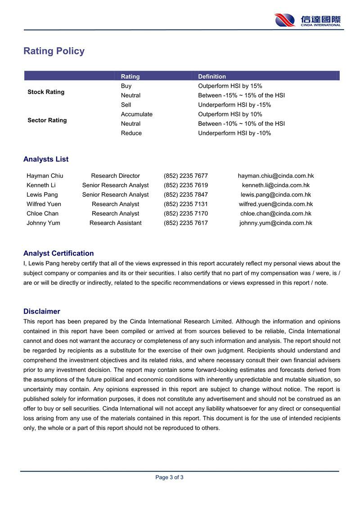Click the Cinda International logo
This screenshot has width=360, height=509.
(x=308, y=20)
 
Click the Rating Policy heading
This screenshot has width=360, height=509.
(x=54, y=51)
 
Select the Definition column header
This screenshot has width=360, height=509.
(x=212, y=77)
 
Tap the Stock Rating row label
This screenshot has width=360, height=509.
(x=46, y=92)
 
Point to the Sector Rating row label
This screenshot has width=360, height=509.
(x=47, y=120)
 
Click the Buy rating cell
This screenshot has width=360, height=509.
(x=126, y=86)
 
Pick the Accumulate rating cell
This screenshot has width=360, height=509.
(x=137, y=114)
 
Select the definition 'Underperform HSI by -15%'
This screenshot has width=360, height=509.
(x=234, y=105)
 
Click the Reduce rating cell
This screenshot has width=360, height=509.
(x=131, y=133)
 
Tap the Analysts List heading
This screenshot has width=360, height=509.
(x=46, y=159)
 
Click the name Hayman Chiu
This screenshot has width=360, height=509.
(x=45, y=176)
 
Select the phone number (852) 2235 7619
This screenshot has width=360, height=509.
(x=186, y=185)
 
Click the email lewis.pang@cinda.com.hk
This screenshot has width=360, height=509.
(x=276, y=195)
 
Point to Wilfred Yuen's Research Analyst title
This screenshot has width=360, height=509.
(x=115, y=204)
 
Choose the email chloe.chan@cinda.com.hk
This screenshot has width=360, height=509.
(x=276, y=214)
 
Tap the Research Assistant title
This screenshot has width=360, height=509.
(x=115, y=223)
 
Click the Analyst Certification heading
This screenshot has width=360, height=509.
(x=58, y=253)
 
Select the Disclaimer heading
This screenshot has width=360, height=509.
(x=42, y=311)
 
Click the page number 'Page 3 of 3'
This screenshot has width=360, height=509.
(x=169, y=477)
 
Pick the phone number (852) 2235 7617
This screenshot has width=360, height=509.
(x=186, y=223)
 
